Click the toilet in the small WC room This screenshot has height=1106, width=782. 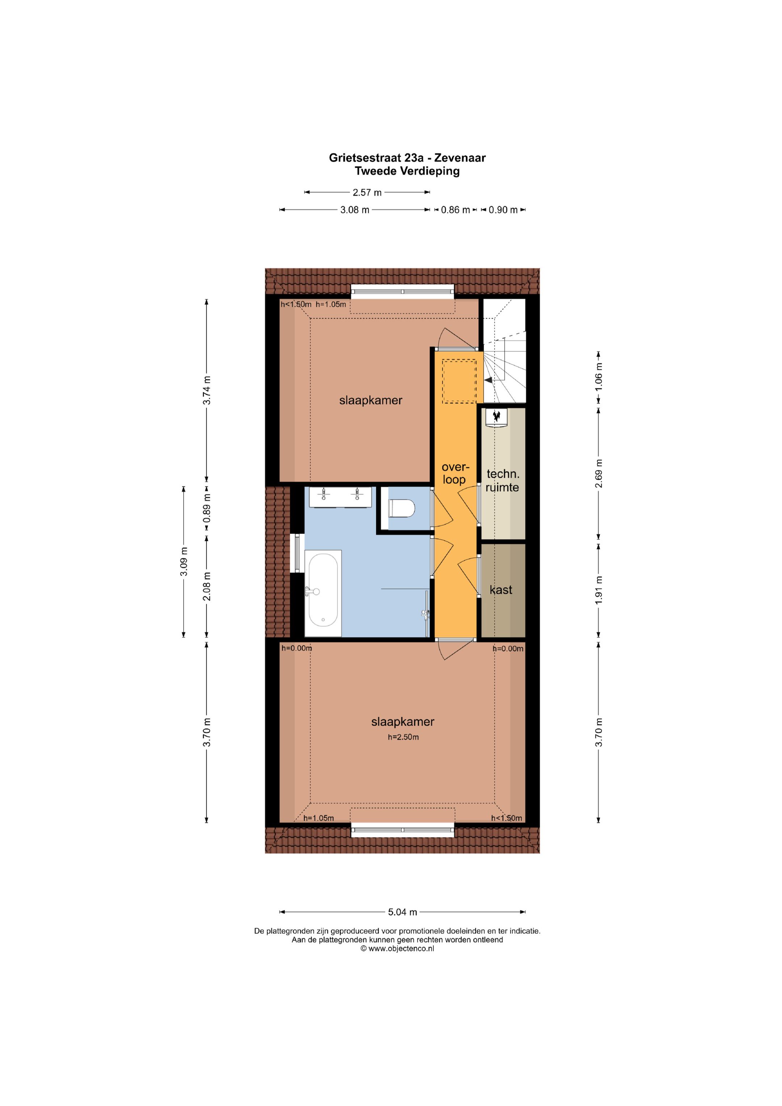pyautogui.click(x=401, y=508)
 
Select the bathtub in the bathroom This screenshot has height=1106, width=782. pyautogui.click(x=323, y=593)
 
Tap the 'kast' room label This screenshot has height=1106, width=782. pyautogui.click(x=501, y=590)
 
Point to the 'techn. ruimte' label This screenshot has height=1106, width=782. pyautogui.click(x=502, y=481)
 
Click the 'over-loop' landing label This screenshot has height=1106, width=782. pyautogui.click(x=455, y=473)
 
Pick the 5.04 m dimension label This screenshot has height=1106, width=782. pyautogui.click(x=403, y=912)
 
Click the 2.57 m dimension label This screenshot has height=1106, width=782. pyautogui.click(x=367, y=193)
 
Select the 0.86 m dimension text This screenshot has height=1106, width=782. pyautogui.click(x=455, y=210)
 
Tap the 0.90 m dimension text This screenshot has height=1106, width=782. pyautogui.click(x=503, y=210)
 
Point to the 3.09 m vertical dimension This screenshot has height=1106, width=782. pyautogui.click(x=184, y=562)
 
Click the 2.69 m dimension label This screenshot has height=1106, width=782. pyautogui.click(x=599, y=473)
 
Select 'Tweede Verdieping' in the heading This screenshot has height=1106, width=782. pyautogui.click(x=407, y=171)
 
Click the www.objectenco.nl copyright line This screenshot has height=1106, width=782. pyautogui.click(x=397, y=948)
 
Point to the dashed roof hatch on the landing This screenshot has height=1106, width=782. pyautogui.click(x=459, y=381)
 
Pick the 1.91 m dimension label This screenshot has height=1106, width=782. pyautogui.click(x=599, y=590)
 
